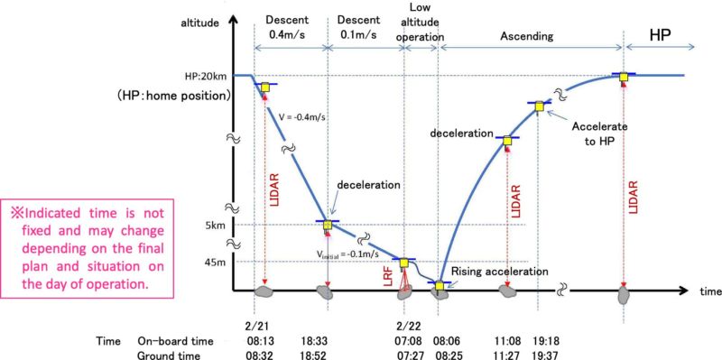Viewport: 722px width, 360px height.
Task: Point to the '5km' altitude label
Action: [x=216, y=225]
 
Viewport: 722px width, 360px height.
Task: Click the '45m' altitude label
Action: [x=215, y=262]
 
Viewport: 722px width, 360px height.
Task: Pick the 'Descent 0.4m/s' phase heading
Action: [x=289, y=27]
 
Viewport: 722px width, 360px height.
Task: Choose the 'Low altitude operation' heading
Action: [x=421, y=26]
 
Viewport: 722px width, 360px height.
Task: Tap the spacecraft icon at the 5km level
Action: [x=327, y=226]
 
